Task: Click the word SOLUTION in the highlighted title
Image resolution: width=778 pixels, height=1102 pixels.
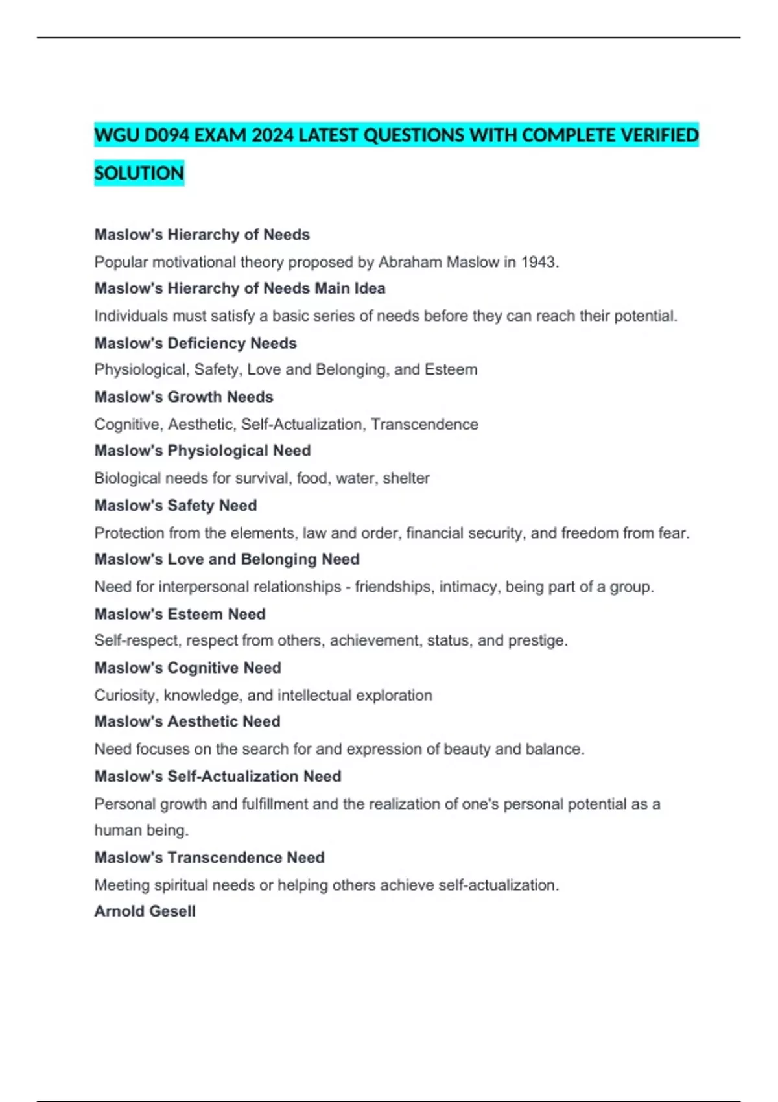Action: coord(139,173)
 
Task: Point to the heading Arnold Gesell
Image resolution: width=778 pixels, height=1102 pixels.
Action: coord(145,911)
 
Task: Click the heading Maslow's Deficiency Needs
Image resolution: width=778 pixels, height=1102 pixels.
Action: coord(195,343)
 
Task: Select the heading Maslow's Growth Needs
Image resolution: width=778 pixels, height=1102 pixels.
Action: coord(183,397)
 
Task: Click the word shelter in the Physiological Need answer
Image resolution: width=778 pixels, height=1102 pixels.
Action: coord(406,478)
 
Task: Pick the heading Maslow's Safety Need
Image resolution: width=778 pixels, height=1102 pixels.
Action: coord(175,505)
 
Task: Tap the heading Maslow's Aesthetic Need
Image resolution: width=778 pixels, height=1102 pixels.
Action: coord(187,721)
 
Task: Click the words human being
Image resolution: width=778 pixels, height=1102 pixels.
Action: coord(141,830)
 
